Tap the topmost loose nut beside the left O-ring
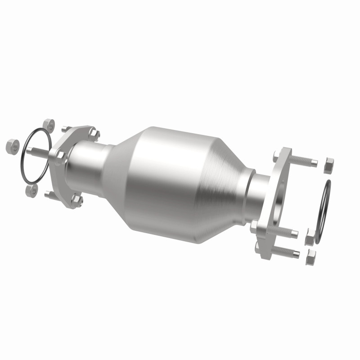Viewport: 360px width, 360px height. pos(48,125)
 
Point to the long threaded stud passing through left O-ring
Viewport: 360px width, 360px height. pos(38,152)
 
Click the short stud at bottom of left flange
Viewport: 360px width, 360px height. pos(51,195)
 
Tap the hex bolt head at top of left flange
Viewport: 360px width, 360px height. pos(93,134)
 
